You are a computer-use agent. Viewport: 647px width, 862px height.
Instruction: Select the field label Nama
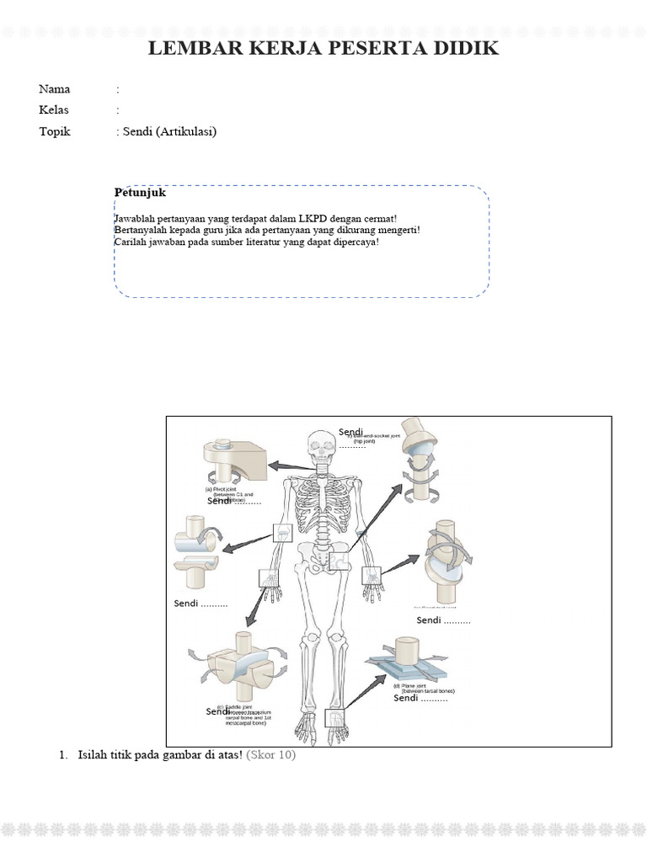tap(55, 89)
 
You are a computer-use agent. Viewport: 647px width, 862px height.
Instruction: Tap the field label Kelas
tap(55, 110)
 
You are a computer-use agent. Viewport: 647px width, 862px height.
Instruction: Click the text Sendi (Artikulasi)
tap(169, 131)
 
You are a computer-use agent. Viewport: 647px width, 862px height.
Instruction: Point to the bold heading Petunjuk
tap(140, 193)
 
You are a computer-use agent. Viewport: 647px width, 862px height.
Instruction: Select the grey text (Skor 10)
tap(270, 755)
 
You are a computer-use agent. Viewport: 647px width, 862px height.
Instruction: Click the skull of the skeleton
tap(320, 445)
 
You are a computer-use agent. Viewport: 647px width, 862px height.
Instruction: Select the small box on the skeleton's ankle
tap(334, 716)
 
